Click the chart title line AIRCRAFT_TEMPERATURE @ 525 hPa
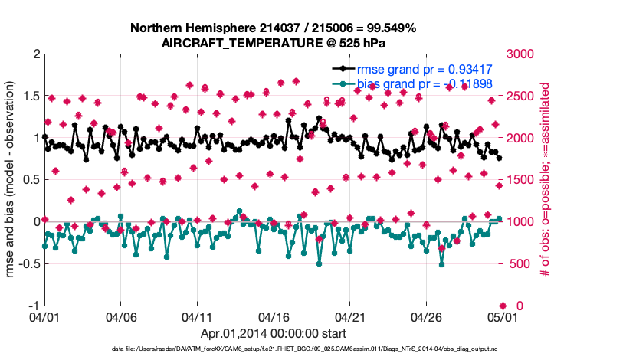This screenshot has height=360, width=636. point(274,43)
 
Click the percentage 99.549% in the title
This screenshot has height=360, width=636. point(387,28)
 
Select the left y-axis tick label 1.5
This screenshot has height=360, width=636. point(29,97)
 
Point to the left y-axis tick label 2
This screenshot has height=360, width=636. point(36,54)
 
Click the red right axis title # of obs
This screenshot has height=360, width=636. point(546,180)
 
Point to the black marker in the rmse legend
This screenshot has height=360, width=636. point(342,70)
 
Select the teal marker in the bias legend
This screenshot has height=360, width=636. point(342,83)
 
